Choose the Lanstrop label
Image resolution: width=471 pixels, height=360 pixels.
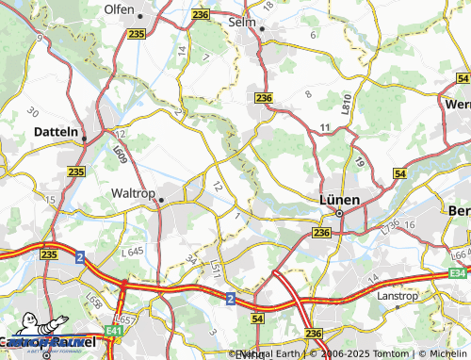coord(399,294)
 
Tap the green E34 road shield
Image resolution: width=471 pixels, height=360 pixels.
coord(458,273)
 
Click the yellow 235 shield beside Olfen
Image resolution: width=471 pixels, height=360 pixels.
coord(137,34)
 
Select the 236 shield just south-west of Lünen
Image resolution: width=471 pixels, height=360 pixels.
coord(321,233)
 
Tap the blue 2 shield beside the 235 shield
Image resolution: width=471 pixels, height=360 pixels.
coord(80,256)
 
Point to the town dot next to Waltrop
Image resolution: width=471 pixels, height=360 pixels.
coord(161,200)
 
